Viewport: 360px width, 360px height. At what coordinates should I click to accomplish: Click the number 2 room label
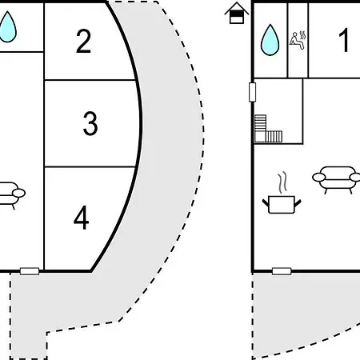(83, 41)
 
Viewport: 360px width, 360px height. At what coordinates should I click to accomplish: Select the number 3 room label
(90, 123)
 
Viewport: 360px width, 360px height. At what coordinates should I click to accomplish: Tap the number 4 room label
(82, 218)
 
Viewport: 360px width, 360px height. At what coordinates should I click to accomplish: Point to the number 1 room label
(344, 40)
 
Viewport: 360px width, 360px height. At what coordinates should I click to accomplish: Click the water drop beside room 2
(7, 27)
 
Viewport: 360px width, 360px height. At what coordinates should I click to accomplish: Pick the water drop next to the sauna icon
(270, 40)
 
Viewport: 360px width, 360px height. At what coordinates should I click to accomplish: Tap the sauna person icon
(298, 40)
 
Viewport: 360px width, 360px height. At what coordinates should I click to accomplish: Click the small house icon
(237, 13)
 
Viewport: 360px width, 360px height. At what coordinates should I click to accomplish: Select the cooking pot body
(282, 205)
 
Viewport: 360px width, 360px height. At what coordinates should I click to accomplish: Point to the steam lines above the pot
(282, 182)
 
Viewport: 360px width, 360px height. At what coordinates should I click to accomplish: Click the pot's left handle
(266, 203)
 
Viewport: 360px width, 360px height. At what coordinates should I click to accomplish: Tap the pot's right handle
(298, 203)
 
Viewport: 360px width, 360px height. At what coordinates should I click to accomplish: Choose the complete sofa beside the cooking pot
(338, 179)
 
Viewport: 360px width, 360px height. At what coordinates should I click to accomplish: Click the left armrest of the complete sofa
(319, 177)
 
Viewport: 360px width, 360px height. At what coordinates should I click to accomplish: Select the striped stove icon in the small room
(268, 129)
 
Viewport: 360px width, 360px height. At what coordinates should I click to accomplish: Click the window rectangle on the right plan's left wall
(252, 92)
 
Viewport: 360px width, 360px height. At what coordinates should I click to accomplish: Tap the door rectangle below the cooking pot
(282, 271)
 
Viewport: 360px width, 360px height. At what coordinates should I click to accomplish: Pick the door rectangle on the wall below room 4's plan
(30, 271)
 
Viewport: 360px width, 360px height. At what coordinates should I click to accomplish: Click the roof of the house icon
(237, 8)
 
